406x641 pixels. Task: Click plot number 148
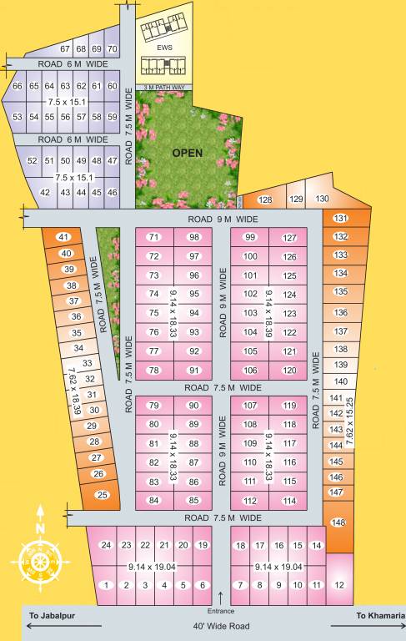[x=338, y=522]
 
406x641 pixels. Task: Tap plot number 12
[x=338, y=585]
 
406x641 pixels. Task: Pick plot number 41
[x=63, y=237]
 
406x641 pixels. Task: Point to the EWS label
[x=164, y=48]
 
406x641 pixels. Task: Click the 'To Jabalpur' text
[x=53, y=615]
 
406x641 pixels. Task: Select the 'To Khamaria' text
[x=380, y=615]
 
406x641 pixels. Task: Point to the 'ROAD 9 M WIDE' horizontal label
[x=223, y=219]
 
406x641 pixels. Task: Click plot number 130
[x=322, y=199]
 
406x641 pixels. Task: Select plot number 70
[x=113, y=49]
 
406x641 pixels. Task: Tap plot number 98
[x=194, y=237]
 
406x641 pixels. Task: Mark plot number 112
[x=249, y=501]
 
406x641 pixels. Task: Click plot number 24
[x=106, y=545]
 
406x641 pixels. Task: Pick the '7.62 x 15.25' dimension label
[x=348, y=418]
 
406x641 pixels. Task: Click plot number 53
[x=18, y=116]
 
